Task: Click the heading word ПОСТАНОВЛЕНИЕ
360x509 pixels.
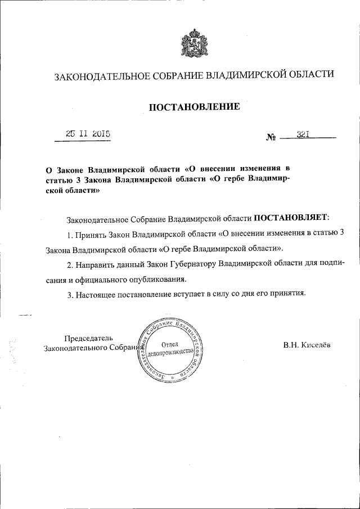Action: pyautogui.click(x=194, y=106)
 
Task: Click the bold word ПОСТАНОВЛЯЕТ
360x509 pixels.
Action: pyautogui.click(x=290, y=217)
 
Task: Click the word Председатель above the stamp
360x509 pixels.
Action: pyautogui.click(x=88, y=338)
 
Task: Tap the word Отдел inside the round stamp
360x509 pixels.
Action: pyautogui.click(x=170, y=344)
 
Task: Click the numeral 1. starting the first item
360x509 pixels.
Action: pyautogui.click(x=70, y=233)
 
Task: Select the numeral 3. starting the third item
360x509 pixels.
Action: pyautogui.click(x=70, y=294)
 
